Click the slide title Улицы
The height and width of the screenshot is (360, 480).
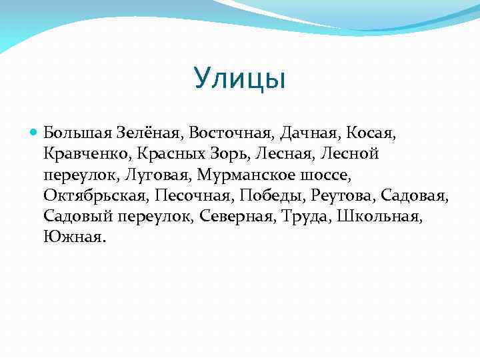click(240, 79)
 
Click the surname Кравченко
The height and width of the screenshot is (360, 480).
click(87, 154)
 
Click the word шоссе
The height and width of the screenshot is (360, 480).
click(322, 175)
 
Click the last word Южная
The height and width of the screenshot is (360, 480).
click(74, 237)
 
